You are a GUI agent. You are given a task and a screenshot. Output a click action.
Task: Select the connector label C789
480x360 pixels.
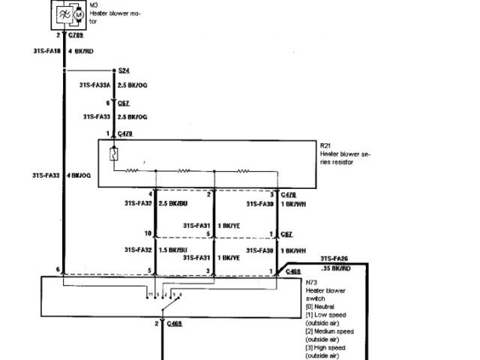coord(76,34)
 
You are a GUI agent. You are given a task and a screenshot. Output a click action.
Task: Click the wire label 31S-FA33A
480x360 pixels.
coord(94,85)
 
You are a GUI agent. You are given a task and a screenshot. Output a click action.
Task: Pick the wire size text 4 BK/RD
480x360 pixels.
coord(80,52)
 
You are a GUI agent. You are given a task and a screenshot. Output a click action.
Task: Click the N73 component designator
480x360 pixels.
coord(312,283)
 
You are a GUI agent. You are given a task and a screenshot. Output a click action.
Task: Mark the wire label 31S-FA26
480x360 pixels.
coord(334,258)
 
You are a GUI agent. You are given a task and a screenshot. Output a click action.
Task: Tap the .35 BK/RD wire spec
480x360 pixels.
coord(336,268)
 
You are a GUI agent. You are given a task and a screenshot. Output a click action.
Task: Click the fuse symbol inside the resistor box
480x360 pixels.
coord(113,155)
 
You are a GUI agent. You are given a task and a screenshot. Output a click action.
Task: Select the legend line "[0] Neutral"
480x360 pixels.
coord(325,307)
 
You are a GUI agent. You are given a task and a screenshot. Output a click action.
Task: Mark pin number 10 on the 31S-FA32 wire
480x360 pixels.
coord(148,234)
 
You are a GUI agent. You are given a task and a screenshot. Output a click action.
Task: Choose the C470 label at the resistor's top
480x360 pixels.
coord(125,133)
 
